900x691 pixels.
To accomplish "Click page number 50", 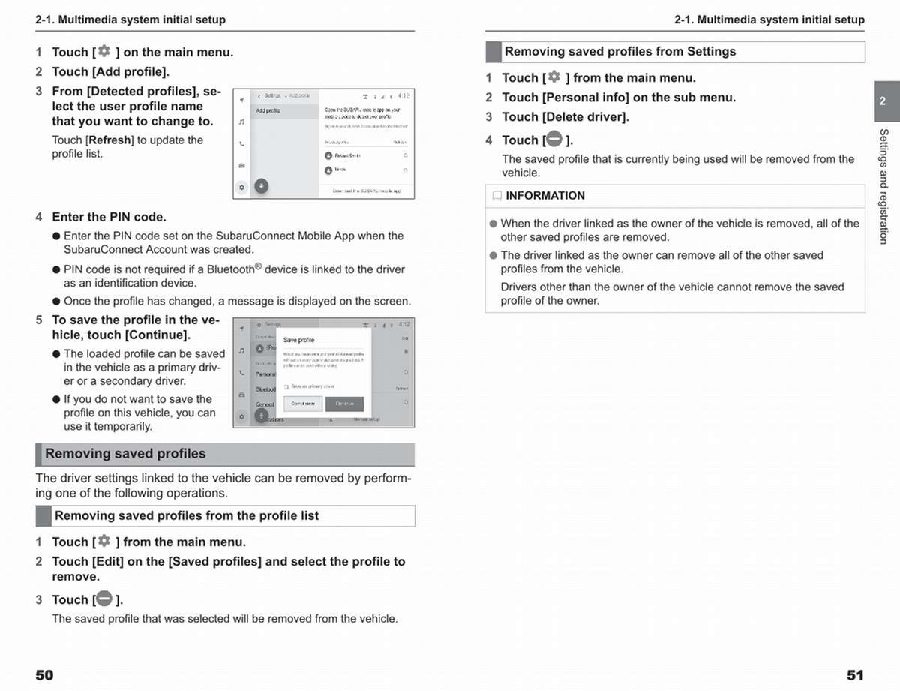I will [44, 675].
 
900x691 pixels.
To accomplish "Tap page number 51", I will [855, 675].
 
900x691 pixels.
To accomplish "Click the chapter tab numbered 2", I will [883, 101].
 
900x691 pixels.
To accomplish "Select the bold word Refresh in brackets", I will [110, 140].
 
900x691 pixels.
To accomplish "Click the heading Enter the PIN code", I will [109, 217].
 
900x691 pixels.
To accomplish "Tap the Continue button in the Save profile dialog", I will [344, 404].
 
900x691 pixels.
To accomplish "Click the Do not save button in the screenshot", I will [303, 404].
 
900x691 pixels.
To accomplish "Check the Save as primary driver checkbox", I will [286, 387].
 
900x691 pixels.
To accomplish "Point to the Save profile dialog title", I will [298, 340].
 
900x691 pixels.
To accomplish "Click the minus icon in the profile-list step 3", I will [104, 599].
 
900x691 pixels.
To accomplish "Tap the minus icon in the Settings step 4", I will [554, 139].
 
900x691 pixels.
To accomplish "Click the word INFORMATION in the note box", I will [545, 196].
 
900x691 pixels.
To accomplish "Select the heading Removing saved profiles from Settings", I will [620, 52].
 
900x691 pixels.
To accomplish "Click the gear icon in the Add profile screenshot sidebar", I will [241, 187].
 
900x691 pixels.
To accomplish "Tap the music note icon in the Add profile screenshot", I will [241, 121].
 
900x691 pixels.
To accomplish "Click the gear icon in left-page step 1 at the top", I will [103, 51].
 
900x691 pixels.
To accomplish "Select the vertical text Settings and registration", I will [883, 186].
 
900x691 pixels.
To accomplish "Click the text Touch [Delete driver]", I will [565, 117].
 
